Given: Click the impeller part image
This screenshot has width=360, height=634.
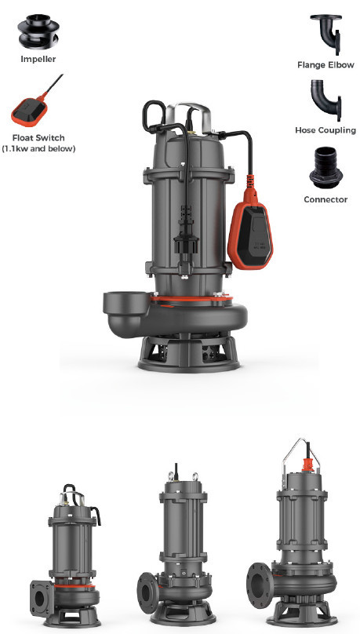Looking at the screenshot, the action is (x=38, y=31).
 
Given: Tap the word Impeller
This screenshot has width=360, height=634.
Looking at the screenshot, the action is (x=38, y=59).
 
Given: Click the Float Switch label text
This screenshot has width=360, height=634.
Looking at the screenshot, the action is (x=38, y=138).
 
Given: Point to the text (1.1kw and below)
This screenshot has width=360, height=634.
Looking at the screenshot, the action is (x=38, y=148).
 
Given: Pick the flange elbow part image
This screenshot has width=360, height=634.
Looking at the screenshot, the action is (x=326, y=34).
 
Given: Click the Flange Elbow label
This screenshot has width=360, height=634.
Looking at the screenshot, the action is (x=325, y=64).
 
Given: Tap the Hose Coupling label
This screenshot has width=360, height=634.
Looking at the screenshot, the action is (x=325, y=130).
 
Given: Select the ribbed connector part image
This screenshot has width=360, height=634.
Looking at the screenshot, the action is (x=325, y=167).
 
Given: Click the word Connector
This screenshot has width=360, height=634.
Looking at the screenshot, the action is (x=325, y=199).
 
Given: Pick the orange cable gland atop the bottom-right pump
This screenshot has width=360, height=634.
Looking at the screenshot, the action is (x=308, y=465).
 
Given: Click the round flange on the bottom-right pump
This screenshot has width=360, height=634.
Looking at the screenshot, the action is (x=260, y=585).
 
